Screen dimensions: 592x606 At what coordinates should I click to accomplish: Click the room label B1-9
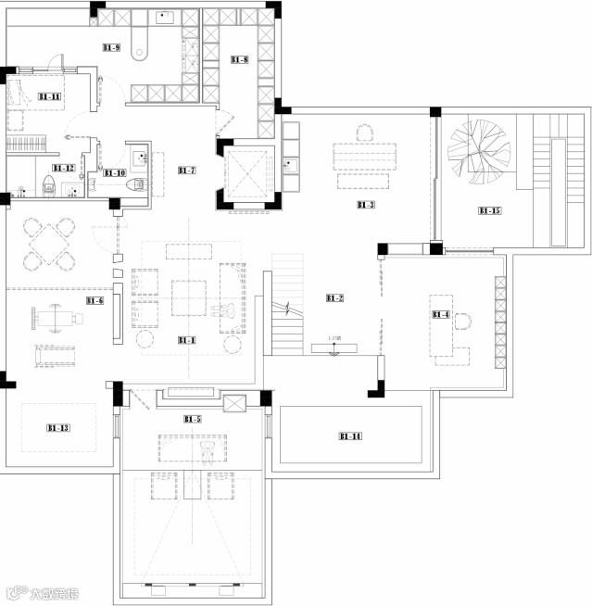click(111, 47)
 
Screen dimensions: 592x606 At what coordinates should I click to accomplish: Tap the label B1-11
click(49, 96)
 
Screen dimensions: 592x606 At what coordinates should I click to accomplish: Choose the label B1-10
click(115, 172)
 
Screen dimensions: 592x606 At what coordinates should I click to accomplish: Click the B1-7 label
click(187, 170)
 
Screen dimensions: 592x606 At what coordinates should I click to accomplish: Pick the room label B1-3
click(365, 205)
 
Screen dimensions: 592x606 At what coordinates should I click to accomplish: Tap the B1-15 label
click(489, 211)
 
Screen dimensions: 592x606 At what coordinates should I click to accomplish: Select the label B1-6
click(94, 300)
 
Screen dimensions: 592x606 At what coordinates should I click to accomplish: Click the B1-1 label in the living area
click(187, 340)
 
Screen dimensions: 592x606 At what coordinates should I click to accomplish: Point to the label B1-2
click(334, 297)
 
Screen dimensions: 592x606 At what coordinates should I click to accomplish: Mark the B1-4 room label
click(441, 315)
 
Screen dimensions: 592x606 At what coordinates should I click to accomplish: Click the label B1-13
click(57, 427)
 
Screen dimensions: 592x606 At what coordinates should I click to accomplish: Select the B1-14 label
click(350, 436)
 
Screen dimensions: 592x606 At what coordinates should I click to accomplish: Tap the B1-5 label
click(193, 419)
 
